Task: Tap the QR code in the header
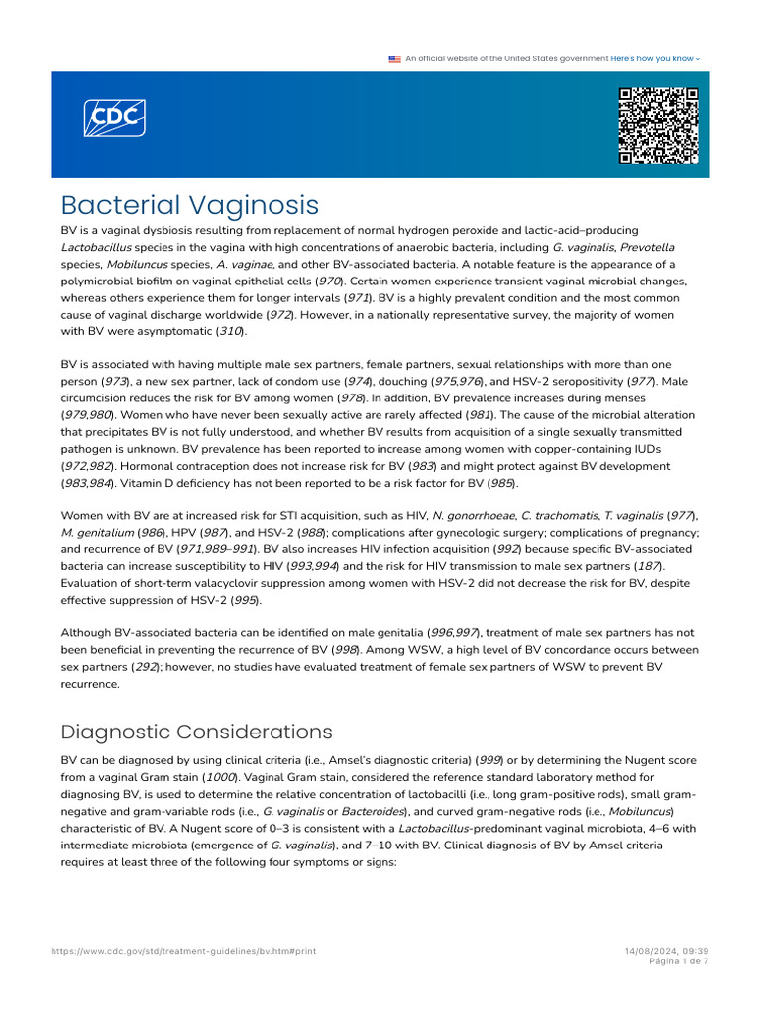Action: click(658, 125)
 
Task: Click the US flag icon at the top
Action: click(394, 58)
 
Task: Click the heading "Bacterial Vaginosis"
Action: click(190, 205)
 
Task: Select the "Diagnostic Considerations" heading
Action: click(196, 732)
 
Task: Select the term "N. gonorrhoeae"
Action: click(473, 515)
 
